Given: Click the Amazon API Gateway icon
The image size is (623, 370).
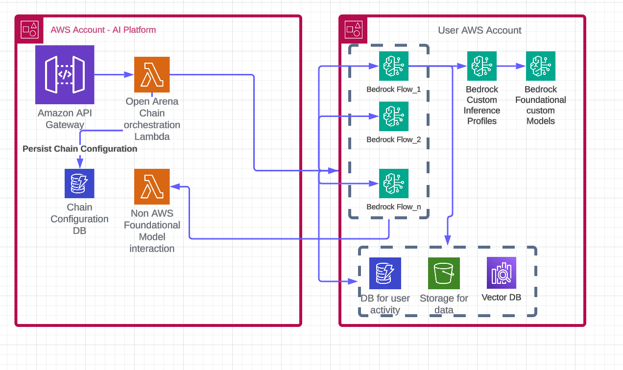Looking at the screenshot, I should pos(65,74).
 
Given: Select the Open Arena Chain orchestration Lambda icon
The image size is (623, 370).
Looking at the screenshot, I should pos(152,74).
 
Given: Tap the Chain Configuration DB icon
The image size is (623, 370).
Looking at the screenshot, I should pos(79,183).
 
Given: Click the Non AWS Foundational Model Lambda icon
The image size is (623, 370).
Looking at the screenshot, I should pos(152,186).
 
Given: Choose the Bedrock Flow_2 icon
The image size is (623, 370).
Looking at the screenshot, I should pos(393,116).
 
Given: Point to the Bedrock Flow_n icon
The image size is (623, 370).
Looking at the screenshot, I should pos(393,183).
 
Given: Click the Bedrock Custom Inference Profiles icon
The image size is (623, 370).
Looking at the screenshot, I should pos(482,66).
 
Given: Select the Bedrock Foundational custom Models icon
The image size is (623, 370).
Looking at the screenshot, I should pos(541,66).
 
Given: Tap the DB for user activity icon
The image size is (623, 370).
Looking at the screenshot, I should pos(385,273).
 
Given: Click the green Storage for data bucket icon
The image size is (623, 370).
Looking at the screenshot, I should pos(444,273).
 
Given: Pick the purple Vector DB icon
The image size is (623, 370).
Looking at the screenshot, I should pos(502,272).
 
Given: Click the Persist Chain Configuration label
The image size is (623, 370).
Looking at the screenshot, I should pos(80,148).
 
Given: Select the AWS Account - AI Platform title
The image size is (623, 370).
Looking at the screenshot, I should pos(103,30).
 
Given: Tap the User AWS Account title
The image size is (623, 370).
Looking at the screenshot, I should pos(479,30).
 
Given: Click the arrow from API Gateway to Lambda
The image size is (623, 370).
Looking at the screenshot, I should pos(114,74).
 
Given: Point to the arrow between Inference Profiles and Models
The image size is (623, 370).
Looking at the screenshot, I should pos(511,66).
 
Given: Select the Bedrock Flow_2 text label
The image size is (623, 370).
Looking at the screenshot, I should pos(393,139).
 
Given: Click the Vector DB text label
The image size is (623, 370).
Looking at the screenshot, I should pos(502,297).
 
